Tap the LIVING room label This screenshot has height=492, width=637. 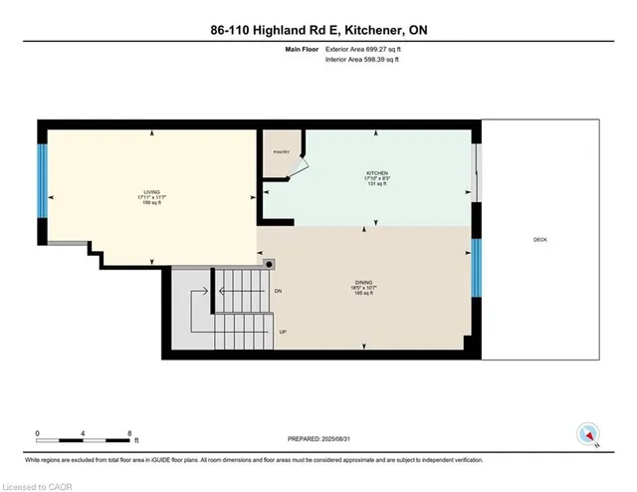pos(152,195)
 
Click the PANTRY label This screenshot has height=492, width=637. pos(280,151)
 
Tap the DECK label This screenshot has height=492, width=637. pos(539,239)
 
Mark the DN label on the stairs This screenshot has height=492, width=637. pos(280,292)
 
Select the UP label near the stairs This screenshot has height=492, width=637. pos(283,332)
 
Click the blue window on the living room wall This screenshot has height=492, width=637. pos(43,180)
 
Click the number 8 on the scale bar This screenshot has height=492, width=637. pos(129,433)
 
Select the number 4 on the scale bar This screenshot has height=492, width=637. pos(84,433)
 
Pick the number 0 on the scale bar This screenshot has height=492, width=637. pos(38,433)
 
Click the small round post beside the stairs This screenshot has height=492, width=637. pos(269,264)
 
